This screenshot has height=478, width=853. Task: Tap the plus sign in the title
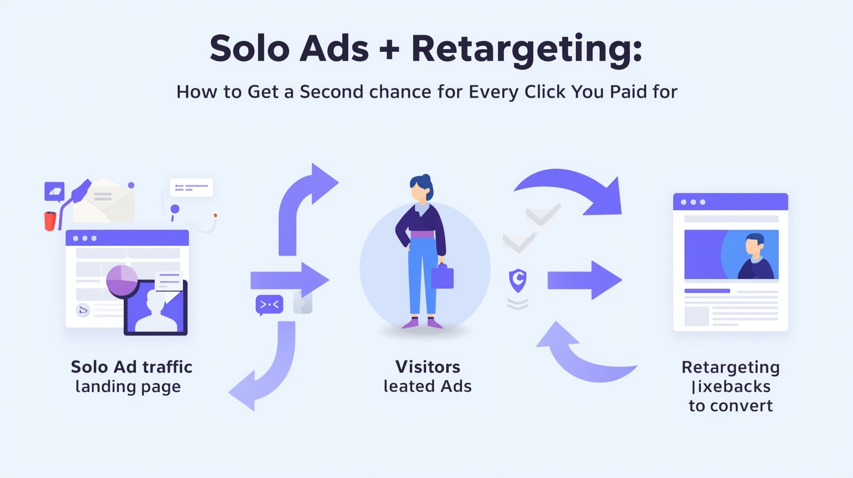390,50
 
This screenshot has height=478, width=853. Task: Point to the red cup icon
50,220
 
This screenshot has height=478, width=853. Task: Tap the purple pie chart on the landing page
122,280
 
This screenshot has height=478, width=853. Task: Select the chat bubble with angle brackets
269,305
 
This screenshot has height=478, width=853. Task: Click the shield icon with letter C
518,280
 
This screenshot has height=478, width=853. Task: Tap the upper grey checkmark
543,214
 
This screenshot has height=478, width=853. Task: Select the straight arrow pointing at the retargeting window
584,280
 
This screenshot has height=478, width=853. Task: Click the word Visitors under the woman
428,367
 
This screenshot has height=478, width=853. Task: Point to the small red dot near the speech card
215,216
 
